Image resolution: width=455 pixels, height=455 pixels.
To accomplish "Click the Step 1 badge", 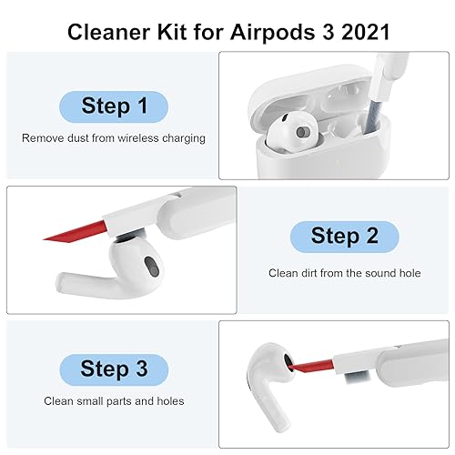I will click(x=115, y=106).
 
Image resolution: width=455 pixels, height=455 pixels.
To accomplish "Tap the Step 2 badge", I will click(x=344, y=238).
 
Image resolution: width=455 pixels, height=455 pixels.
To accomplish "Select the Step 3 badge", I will click(x=115, y=369).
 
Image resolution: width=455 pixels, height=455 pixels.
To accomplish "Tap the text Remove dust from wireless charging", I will click(x=115, y=139).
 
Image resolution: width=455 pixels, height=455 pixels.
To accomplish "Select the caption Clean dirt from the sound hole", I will click(x=344, y=272).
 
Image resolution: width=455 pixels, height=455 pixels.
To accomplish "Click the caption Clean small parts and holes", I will click(x=115, y=401).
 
